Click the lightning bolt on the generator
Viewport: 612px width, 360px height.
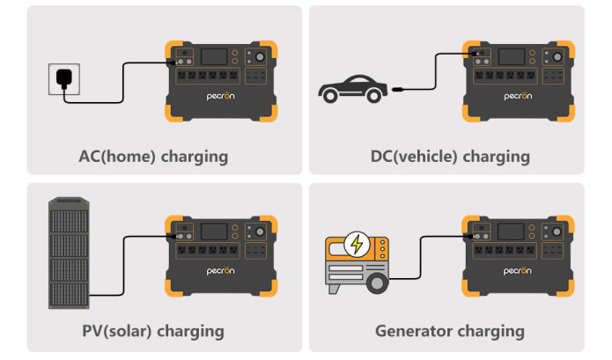[358, 244]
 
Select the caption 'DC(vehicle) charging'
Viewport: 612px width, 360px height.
[450, 157]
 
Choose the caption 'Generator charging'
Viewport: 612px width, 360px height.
[449, 331]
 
